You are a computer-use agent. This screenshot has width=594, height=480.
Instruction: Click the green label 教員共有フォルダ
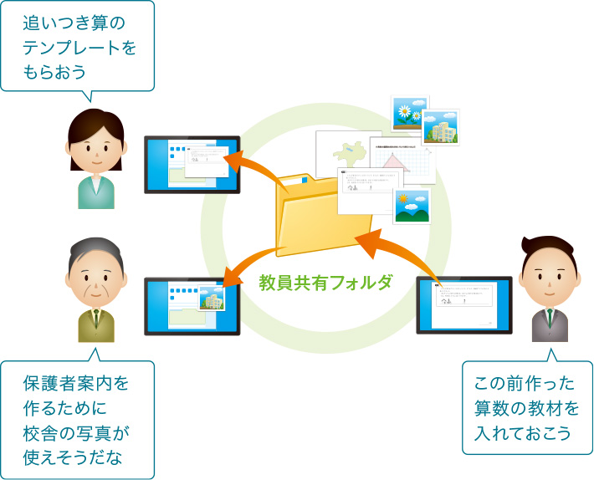(325, 283)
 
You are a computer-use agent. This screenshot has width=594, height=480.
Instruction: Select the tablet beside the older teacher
(192, 307)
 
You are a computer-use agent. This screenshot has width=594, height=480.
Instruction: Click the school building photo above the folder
(440, 128)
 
